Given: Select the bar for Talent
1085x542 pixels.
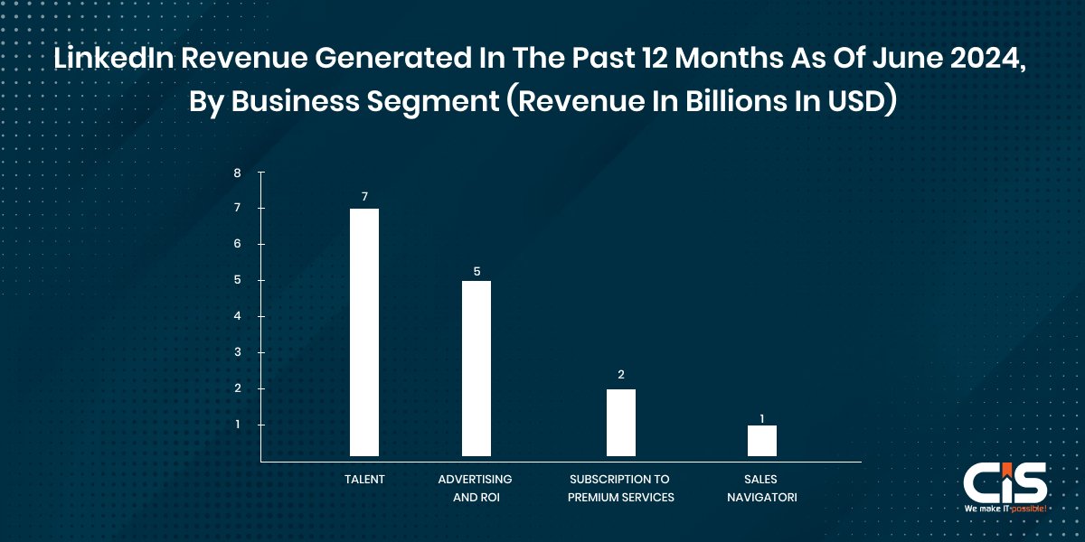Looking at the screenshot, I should click(363, 332).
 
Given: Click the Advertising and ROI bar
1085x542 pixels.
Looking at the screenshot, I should click(476, 368).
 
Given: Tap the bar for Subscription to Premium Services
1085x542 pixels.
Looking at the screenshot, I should click(620, 422).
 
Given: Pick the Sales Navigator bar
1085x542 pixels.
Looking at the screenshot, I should click(761, 440).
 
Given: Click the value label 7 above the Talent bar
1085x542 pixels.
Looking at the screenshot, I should click(363, 196).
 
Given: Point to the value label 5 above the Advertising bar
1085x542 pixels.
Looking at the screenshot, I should click(476, 269).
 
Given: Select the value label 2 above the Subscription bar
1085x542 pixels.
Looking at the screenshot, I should click(620, 374).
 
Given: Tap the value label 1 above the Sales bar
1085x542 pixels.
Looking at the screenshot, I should click(761, 418).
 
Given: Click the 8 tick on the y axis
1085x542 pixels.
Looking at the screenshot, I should click(237, 172).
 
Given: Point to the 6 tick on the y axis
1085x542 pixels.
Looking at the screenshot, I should click(237, 244).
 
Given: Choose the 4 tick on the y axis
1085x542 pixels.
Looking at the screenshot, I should click(237, 316).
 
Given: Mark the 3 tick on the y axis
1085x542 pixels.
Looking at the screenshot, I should click(237, 352).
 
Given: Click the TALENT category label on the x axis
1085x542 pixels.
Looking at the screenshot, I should click(363, 480).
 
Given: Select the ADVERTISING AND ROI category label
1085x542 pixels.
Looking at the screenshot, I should click(475, 488).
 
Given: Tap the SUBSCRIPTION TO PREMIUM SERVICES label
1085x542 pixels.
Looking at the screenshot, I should click(620, 488).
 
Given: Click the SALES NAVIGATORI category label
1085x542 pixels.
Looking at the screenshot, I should click(761, 488).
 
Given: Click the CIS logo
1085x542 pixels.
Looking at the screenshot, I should click(1004, 483).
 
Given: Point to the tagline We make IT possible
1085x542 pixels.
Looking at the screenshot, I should click(1005, 509).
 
